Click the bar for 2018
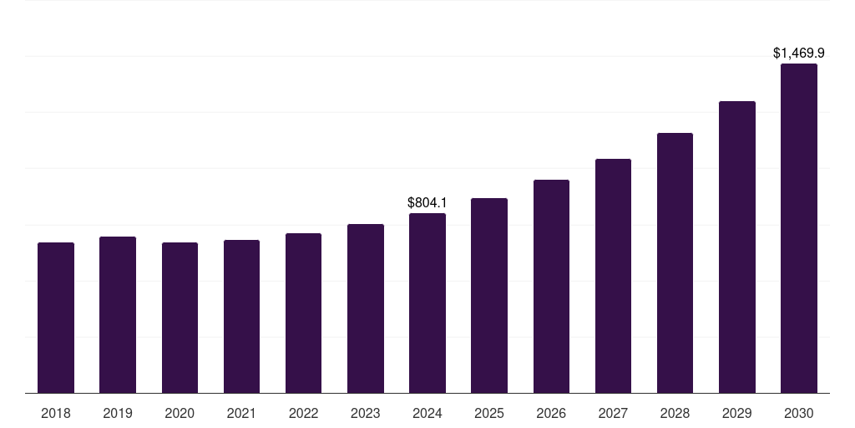tap(56, 318)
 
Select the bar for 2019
tap(118, 315)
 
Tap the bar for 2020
tap(180, 318)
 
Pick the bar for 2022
tap(303, 313)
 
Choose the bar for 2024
tap(427, 303)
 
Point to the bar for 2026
tap(551, 287)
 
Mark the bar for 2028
tap(675, 263)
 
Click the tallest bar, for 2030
tap(799, 228)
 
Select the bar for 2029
tap(737, 247)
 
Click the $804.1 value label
tap(427, 202)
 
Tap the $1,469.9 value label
tap(799, 53)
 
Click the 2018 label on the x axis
tap(56, 414)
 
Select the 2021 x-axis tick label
tap(241, 414)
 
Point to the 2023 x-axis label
tap(366, 414)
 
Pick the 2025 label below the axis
tap(489, 414)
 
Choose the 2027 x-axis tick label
tap(613, 414)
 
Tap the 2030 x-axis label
tap(799, 414)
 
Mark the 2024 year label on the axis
tap(427, 414)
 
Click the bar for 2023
tap(366, 308)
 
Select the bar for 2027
tap(613, 276)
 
